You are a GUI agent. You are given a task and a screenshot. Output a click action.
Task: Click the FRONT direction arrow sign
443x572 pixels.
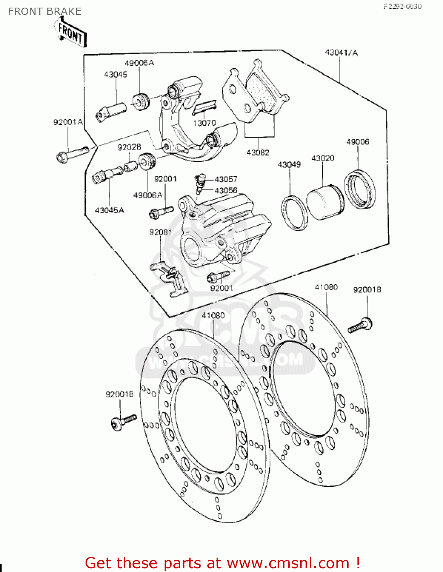(71, 34)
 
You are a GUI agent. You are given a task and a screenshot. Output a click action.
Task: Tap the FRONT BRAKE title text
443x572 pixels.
(45, 11)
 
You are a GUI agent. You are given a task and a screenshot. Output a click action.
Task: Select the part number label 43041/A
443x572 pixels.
(341, 53)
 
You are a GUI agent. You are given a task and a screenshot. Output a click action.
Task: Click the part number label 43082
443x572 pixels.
(258, 153)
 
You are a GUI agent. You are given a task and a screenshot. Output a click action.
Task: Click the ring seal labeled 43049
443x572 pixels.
(294, 213)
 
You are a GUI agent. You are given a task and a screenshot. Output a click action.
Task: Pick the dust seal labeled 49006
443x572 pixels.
(360, 190)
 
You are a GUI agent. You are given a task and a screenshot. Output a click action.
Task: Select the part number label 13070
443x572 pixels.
(204, 123)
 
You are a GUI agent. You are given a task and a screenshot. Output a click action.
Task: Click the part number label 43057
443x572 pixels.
(226, 179)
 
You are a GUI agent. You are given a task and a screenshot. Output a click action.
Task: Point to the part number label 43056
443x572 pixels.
(226, 190)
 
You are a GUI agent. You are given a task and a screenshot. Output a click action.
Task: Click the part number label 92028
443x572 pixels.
(129, 147)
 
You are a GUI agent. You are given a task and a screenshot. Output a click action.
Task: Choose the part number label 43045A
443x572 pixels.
(109, 210)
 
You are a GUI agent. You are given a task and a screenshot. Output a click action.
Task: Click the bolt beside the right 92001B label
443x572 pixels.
(361, 325)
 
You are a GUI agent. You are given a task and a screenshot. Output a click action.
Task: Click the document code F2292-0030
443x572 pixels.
(403, 6)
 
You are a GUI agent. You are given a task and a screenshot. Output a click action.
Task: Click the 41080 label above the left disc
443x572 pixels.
(213, 315)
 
